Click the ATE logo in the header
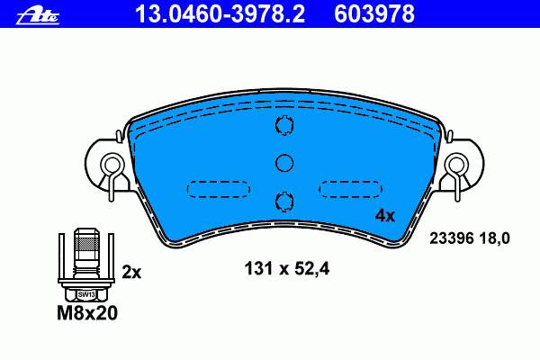(38, 16)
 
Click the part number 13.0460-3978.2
(220, 14)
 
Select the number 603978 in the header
(374, 14)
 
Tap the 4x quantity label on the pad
(385, 216)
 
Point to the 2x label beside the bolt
(131, 273)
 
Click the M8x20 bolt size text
(87, 313)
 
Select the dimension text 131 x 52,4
(286, 269)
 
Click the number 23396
(452, 238)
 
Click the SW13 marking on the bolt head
(86, 294)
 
